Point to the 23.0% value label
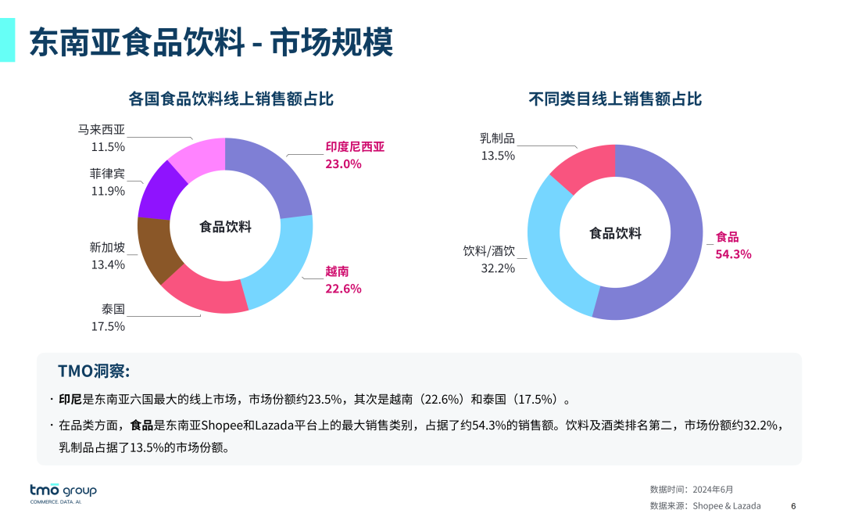pos(343,164)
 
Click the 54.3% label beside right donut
pos(733,254)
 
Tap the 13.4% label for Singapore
pos(108,264)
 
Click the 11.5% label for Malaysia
pos(108,147)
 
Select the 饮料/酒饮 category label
pos(489,251)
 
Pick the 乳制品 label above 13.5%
pos(497,138)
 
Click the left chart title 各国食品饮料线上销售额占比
pos(231,99)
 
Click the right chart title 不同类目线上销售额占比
pos(615,99)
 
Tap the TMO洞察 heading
pos(93,371)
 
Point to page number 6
pos(793,506)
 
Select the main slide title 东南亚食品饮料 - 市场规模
pos(211,42)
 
